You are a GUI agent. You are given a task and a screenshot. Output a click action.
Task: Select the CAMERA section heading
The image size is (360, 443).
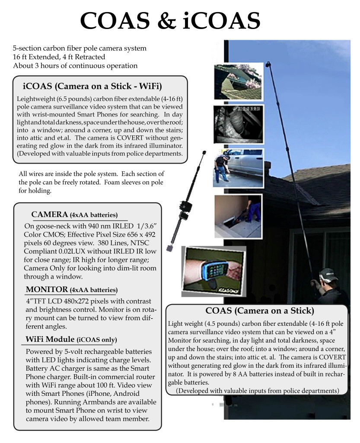point(74,214)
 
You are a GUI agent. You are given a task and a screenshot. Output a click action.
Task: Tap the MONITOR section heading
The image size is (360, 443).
point(71,289)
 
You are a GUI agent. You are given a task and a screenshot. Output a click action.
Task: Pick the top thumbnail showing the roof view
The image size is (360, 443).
point(238,82)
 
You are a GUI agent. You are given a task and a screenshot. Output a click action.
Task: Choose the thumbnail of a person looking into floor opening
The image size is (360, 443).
point(238,215)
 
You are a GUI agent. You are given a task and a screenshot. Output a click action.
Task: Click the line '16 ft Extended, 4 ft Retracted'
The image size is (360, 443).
point(59,57)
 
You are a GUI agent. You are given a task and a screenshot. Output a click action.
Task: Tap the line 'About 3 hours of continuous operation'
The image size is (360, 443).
point(75,66)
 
